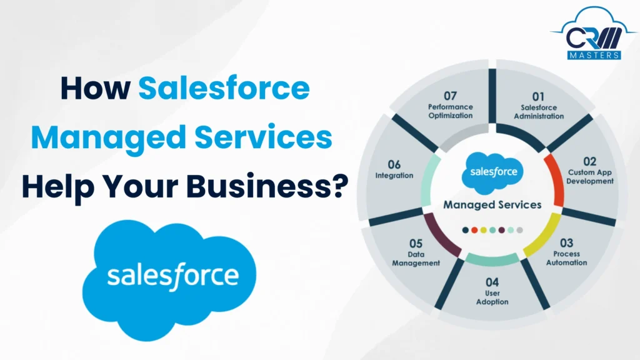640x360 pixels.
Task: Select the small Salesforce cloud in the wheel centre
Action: (x=492, y=173)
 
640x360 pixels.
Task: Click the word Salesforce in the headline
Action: (x=224, y=89)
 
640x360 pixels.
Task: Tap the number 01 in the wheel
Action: (x=538, y=97)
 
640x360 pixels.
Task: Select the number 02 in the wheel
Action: (x=590, y=161)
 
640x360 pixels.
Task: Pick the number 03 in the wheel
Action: (x=566, y=242)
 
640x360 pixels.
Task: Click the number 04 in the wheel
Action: (x=492, y=282)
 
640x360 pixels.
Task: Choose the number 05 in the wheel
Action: (x=416, y=243)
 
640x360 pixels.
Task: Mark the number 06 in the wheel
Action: (x=394, y=165)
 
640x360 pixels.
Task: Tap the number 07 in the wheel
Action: (x=451, y=96)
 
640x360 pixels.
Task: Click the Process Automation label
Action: (x=566, y=258)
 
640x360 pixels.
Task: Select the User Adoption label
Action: (x=492, y=297)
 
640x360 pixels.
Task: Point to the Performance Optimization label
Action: (x=451, y=111)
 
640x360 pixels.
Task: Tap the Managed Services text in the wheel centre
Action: (x=492, y=204)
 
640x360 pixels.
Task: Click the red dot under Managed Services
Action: (x=474, y=230)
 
